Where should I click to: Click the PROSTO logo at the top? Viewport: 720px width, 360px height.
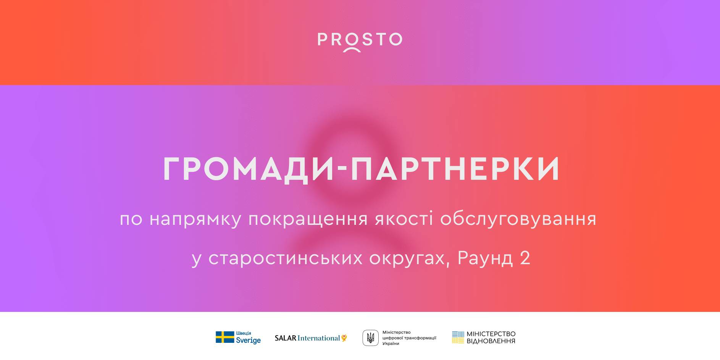(x=360, y=41)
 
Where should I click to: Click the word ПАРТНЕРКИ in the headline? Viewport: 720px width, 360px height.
(x=455, y=169)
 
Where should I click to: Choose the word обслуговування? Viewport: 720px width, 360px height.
(x=518, y=219)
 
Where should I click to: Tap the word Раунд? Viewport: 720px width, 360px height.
(x=485, y=258)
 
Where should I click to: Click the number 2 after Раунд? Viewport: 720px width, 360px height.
(x=525, y=258)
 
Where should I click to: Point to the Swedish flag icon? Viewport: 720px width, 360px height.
(x=225, y=337)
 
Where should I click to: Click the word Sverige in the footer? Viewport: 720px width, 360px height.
(x=248, y=341)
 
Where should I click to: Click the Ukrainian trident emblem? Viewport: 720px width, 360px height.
(x=370, y=338)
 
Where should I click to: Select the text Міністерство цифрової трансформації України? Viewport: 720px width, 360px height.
(x=409, y=338)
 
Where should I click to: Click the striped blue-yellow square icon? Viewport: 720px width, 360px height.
(x=458, y=337)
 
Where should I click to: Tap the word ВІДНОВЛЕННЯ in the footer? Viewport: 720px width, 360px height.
(x=491, y=341)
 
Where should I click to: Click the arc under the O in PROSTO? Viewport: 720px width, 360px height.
(x=352, y=50)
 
